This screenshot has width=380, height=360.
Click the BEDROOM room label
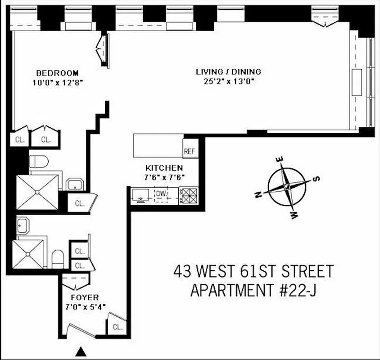tap(57, 73)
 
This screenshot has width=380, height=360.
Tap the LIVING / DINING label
tap(228, 72)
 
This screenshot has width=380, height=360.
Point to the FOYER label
tap(85, 297)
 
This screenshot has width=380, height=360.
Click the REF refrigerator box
tap(190, 151)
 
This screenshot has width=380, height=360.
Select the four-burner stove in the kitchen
tap(189, 195)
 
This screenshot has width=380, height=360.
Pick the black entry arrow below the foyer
tap(81, 351)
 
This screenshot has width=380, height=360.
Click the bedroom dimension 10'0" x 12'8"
tap(57, 82)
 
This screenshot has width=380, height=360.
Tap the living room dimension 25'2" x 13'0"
tap(228, 81)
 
